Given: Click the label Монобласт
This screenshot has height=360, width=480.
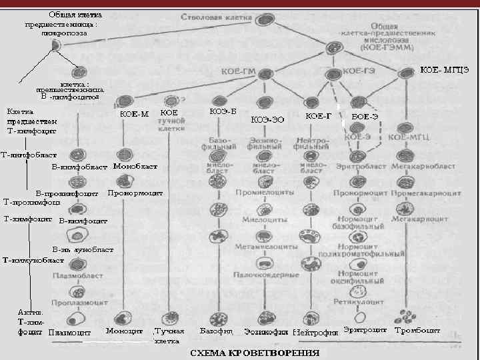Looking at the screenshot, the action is click(135, 165).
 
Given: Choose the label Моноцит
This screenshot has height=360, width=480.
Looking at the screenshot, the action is click(125, 330).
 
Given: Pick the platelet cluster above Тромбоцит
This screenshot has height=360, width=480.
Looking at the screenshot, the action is click(404, 315).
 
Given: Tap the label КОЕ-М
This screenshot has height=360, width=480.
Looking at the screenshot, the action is click(134, 113).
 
